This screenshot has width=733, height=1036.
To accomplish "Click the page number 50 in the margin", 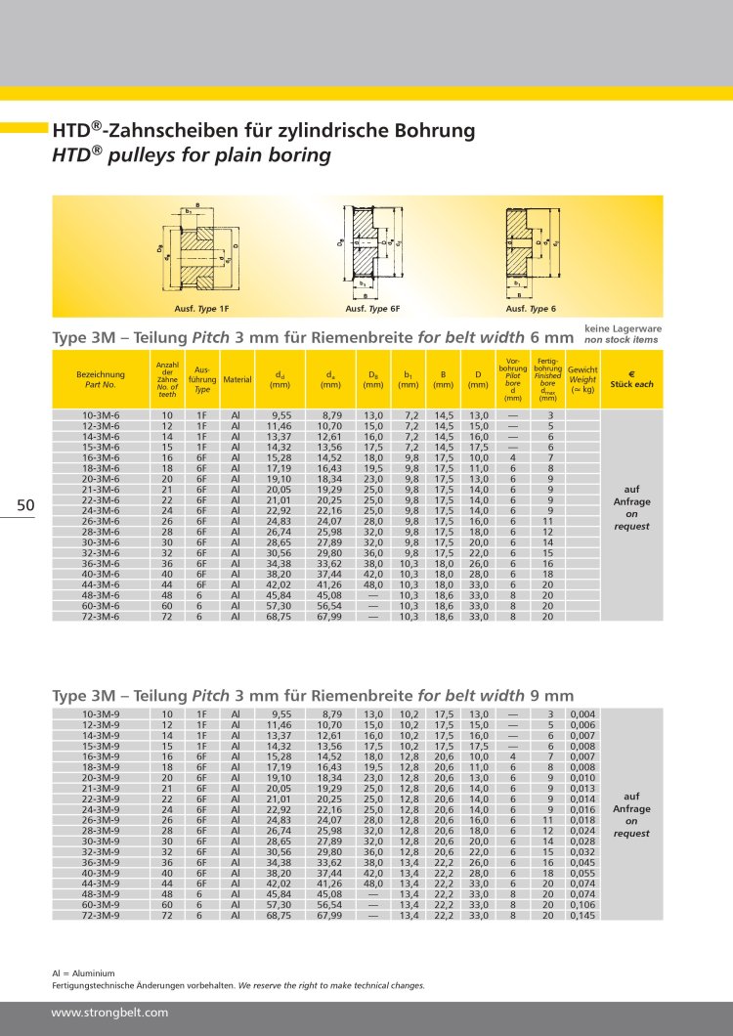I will click(x=26, y=504).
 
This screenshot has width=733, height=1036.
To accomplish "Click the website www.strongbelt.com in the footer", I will click(x=109, y=1013).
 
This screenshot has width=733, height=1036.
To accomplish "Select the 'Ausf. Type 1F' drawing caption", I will click(x=201, y=309).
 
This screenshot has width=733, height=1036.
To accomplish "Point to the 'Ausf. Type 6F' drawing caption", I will click(x=372, y=309).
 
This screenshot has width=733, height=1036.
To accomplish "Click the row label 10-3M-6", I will click(x=101, y=415).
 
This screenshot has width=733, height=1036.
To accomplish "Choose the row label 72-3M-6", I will click(x=101, y=617).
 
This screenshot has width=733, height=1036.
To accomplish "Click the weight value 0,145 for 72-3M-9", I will click(x=582, y=916).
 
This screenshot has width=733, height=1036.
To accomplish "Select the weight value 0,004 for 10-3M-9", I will click(x=582, y=714).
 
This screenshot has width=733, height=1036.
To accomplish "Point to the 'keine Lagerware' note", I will click(x=622, y=329).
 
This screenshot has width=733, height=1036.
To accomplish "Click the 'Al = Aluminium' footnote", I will click(x=83, y=973).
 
